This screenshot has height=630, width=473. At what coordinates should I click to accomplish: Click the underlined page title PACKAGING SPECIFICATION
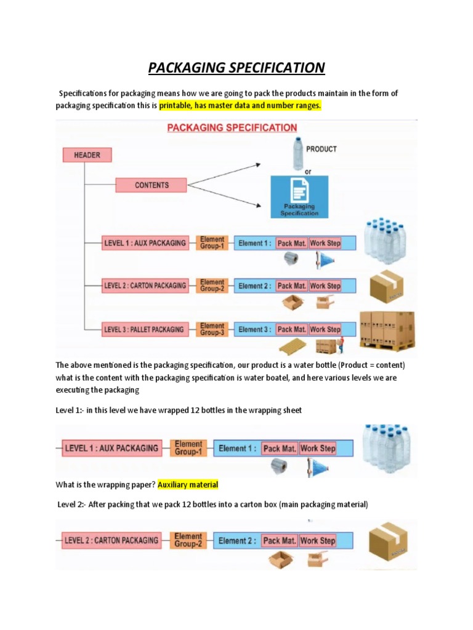point(236,67)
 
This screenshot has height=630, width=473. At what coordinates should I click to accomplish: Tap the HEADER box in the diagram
point(87,155)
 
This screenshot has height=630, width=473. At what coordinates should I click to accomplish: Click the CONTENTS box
point(151,185)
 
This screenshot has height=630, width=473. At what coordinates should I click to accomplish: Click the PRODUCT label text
point(321,149)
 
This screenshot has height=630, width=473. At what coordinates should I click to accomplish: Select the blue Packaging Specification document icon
point(299,196)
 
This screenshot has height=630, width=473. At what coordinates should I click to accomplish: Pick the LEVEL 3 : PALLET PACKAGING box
point(144,329)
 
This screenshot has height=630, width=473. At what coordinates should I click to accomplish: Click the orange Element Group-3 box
point(212,329)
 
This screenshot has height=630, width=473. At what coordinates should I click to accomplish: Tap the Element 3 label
point(254,329)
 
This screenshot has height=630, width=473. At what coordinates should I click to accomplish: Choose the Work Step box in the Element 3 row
point(325,329)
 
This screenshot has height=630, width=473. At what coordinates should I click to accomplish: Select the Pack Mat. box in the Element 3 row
point(292,329)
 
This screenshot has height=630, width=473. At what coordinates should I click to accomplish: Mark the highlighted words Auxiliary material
point(188,485)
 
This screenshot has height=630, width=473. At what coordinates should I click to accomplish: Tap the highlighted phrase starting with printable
point(240,106)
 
